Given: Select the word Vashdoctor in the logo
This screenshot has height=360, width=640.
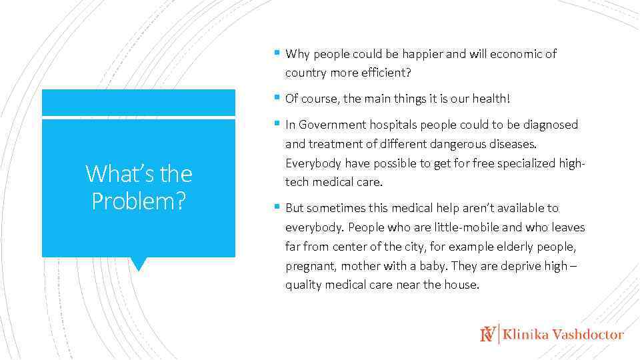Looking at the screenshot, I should pyautogui.click(x=588, y=335).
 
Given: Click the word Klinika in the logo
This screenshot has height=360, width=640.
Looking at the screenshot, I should pyautogui.click(x=526, y=335).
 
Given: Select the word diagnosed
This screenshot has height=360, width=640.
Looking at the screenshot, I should pyautogui.click(x=552, y=125).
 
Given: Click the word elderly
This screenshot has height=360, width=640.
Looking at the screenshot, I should pyautogui.click(x=511, y=247).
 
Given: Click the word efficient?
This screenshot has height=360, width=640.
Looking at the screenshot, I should pyautogui.click(x=387, y=72).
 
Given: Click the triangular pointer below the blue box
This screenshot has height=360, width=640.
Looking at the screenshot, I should pyautogui.click(x=138, y=264).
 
